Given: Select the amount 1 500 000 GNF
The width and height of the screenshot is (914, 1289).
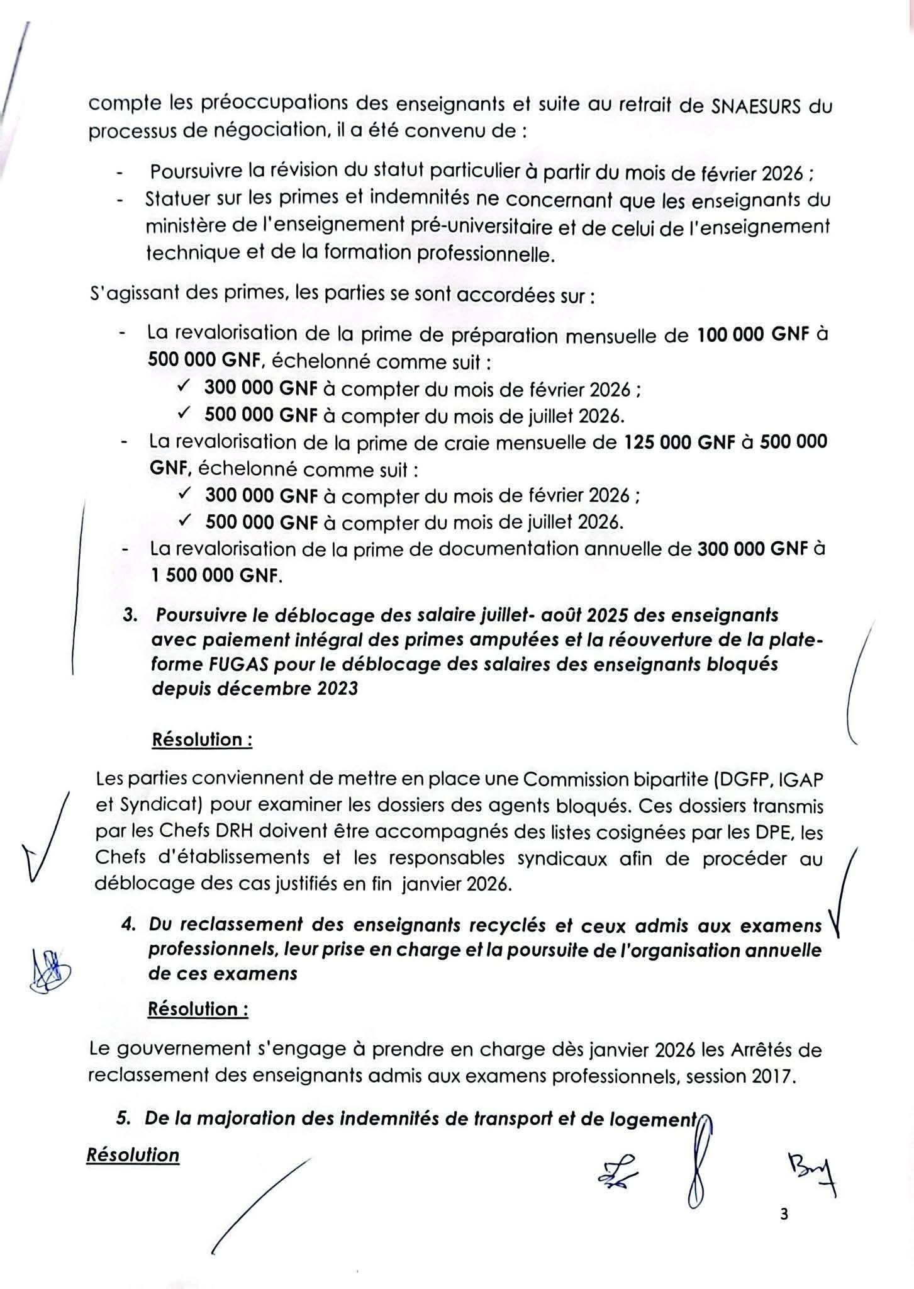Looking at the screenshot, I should [214, 576].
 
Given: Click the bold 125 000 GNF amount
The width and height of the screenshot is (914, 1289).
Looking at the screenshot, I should [679, 442].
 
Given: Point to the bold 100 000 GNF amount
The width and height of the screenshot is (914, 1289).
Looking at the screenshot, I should [753, 335].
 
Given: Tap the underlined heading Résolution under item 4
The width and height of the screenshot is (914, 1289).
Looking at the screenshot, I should [198, 1009].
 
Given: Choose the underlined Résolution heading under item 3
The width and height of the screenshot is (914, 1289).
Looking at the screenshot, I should [202, 740].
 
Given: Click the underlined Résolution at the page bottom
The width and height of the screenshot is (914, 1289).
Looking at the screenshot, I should [133, 1155].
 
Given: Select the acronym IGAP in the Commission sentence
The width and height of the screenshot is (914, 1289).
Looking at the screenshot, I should [800, 780].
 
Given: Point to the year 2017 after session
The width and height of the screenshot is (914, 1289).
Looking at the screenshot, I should [773, 1076].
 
